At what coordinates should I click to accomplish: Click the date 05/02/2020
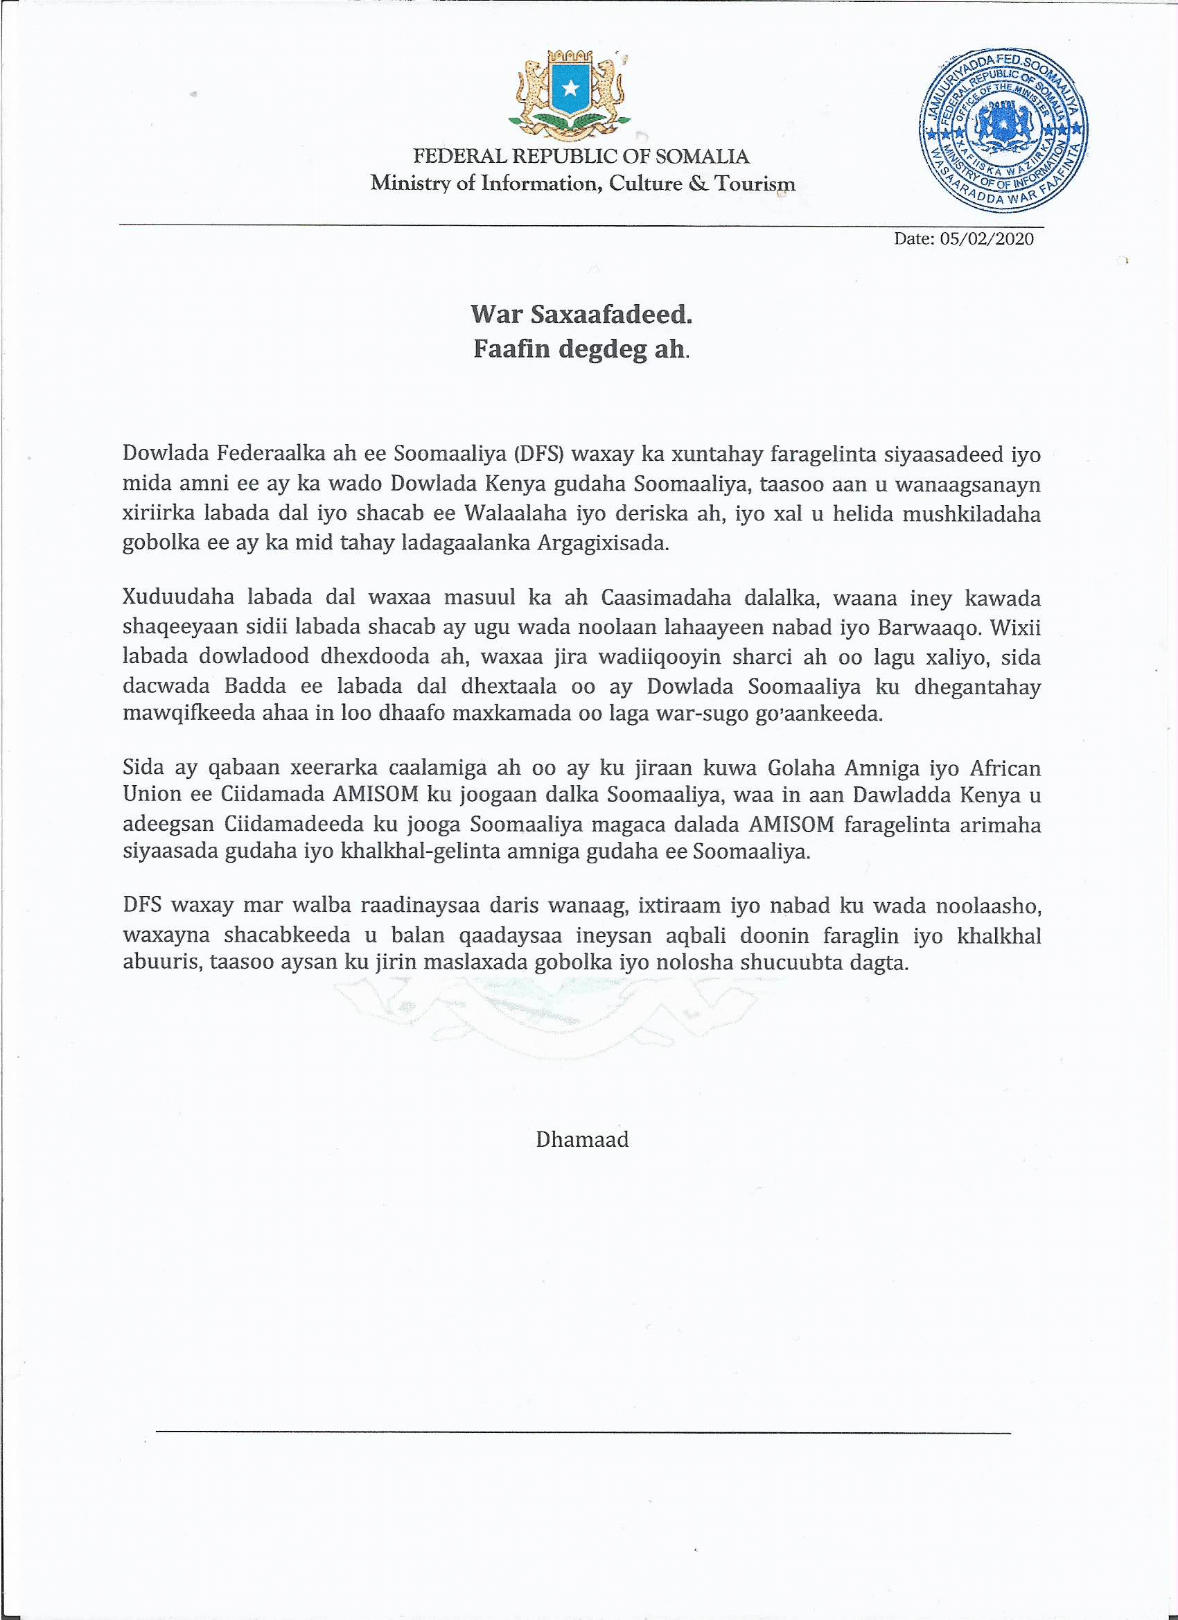[987, 238]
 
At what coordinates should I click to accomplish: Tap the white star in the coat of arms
[570, 88]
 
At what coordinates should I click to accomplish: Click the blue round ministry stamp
[1003, 131]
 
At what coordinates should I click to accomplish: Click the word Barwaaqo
[923, 627]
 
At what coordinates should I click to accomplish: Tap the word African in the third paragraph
[1005, 768]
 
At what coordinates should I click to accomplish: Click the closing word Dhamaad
[582, 1138]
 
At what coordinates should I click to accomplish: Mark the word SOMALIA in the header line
[702, 157]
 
